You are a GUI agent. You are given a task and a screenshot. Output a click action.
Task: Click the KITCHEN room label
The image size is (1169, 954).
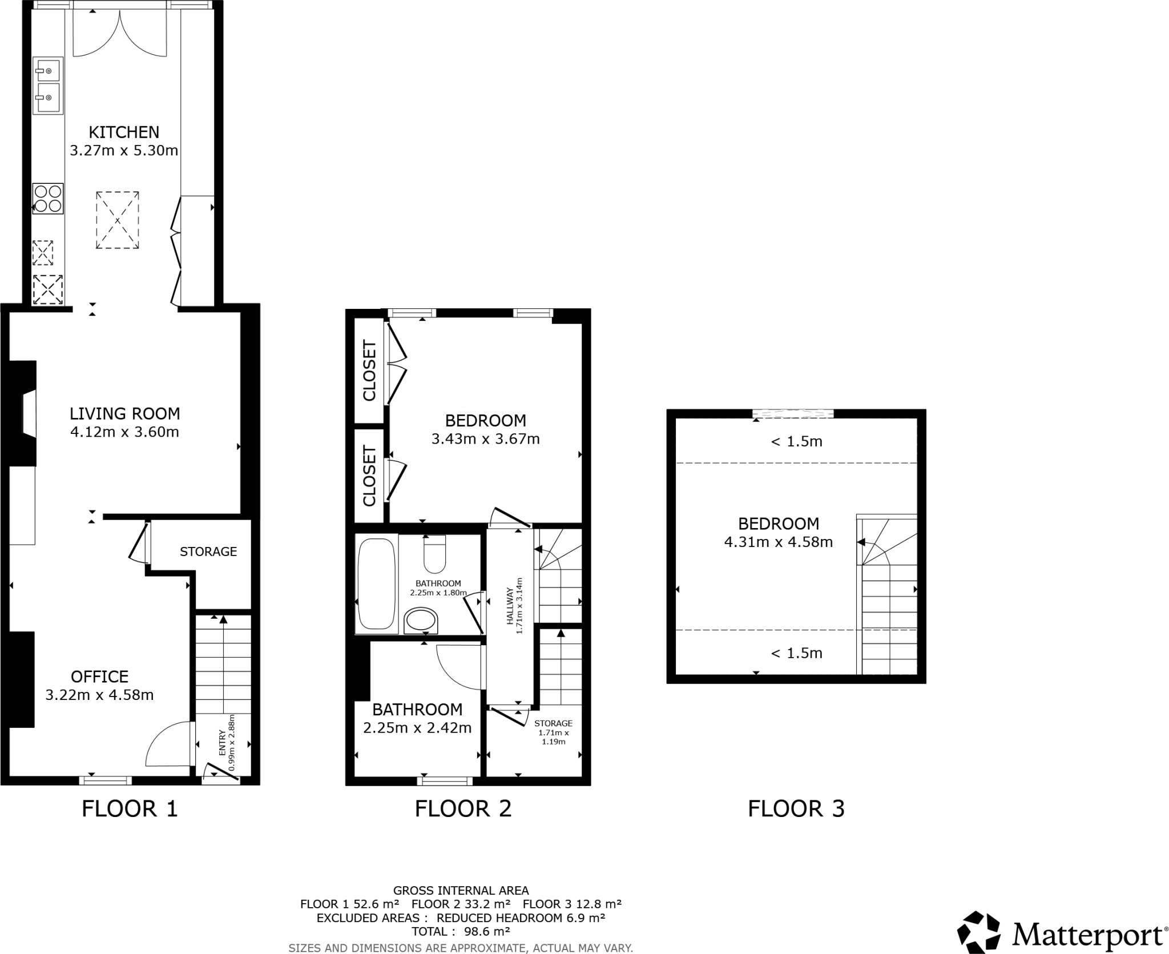124,132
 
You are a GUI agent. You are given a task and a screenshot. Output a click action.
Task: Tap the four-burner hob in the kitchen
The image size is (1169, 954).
48,199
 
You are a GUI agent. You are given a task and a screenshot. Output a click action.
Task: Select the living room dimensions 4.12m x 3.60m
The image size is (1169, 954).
124,432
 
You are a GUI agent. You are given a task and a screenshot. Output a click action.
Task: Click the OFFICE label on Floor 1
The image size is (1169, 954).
99,677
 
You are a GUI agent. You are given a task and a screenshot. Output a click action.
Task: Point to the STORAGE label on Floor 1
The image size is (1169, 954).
208,552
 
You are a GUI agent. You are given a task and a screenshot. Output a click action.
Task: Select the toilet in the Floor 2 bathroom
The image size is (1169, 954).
435,554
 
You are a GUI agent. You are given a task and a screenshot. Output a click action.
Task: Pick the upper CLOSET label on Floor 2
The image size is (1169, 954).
369,371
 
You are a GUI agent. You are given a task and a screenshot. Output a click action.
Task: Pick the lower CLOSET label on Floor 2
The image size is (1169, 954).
369,477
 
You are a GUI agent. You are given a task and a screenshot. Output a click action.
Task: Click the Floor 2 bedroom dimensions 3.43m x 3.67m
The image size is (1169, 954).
485,439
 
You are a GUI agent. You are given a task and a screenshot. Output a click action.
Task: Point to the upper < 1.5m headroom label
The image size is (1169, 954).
796,441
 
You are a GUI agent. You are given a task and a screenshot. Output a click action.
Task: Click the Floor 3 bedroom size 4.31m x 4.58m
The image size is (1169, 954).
778,542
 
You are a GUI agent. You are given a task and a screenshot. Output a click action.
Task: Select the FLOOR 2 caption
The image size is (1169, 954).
463,809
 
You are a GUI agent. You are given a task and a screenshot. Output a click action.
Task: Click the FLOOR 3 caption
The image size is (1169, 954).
796,809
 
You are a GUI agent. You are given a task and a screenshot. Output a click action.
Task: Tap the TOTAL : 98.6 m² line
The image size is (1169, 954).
461,932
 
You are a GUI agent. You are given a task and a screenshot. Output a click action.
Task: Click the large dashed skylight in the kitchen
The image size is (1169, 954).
117,220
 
